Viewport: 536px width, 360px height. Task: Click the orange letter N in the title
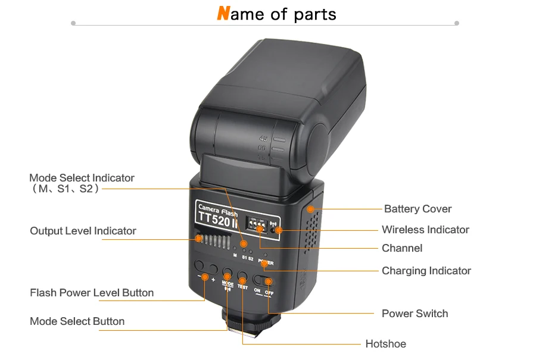(223, 14)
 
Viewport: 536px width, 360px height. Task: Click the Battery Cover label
(417, 209)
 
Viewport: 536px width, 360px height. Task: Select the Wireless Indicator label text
(425, 230)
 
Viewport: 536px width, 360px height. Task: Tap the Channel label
(401, 248)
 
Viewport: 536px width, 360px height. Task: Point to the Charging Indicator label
(426, 271)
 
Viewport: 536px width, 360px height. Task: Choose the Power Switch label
(415, 314)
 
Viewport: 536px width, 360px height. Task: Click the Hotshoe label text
(385, 344)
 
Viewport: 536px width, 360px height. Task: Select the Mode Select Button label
(77, 321)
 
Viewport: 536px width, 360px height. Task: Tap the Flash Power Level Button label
(92, 293)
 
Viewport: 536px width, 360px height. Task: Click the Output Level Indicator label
(83, 231)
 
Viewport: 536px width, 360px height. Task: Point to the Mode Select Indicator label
(82, 178)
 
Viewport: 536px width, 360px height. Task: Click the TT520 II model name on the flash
(218, 220)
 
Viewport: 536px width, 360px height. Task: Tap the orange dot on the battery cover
(310, 209)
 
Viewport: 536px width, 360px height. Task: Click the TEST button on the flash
(242, 277)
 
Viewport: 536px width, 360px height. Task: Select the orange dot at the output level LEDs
(198, 239)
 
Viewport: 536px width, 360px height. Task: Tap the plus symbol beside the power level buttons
(213, 278)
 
